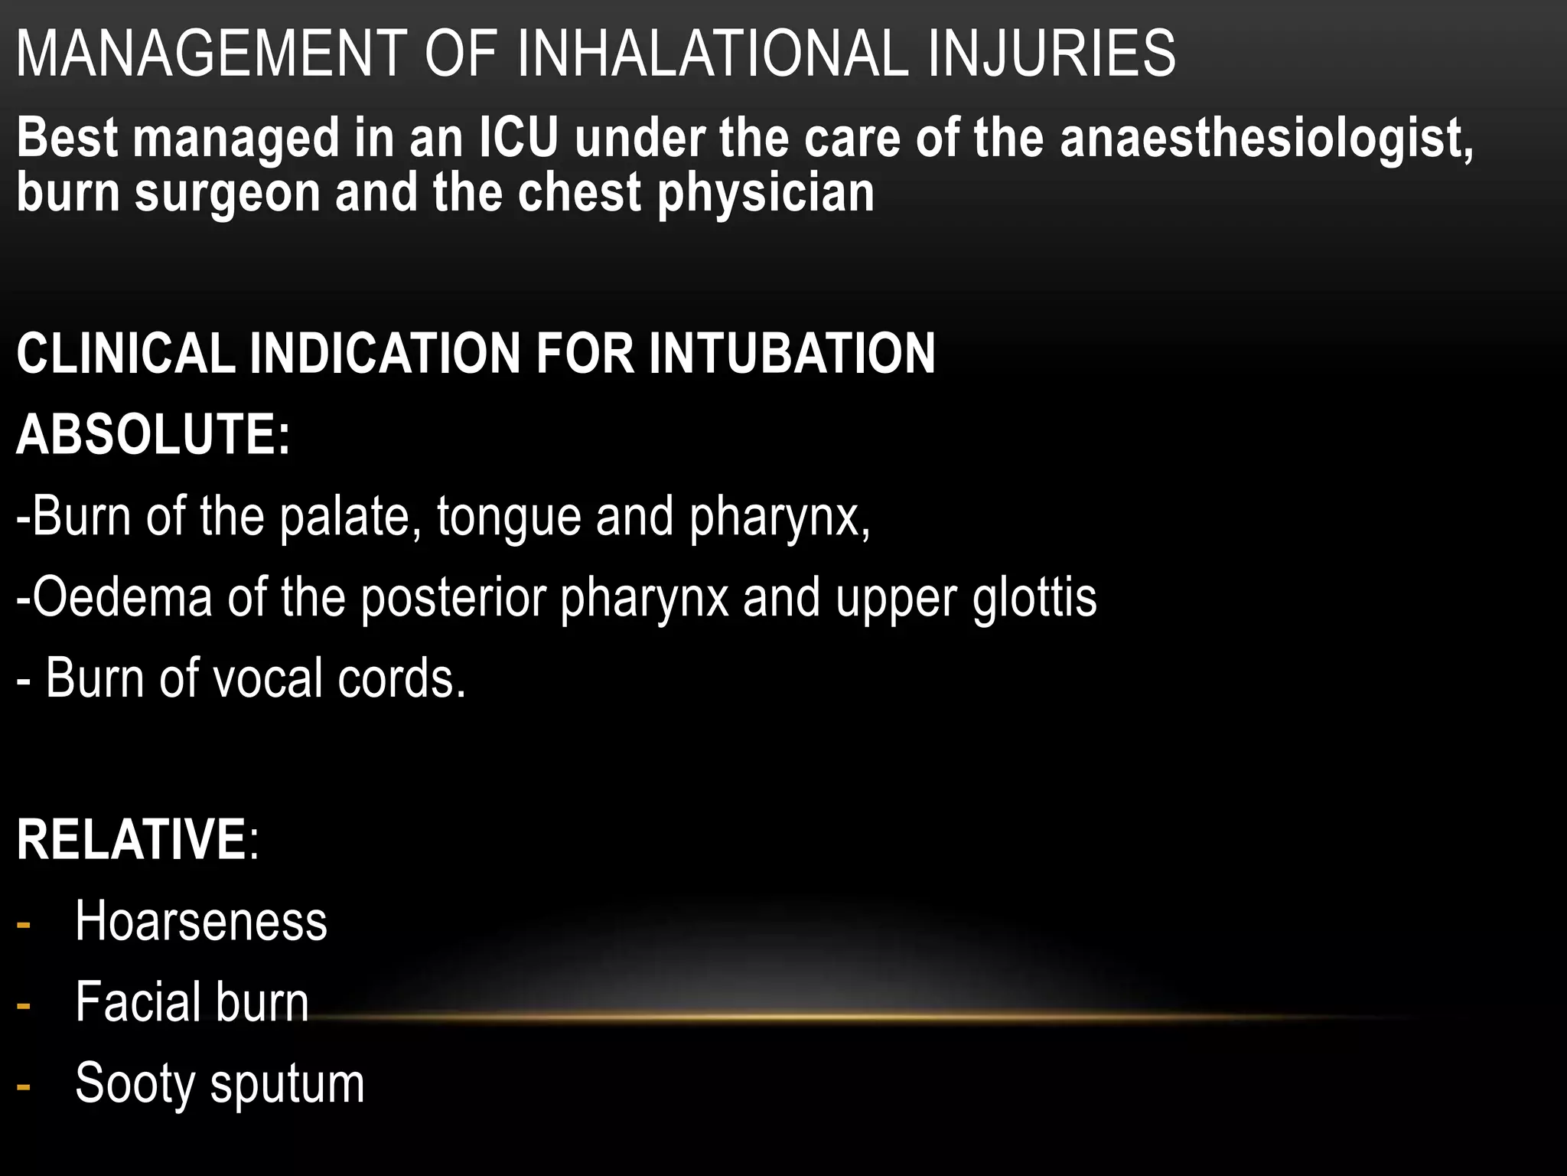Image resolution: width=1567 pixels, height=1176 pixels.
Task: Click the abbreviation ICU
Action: pyautogui.click(x=518, y=139)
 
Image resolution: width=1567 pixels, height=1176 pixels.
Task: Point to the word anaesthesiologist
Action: pyautogui.click(x=1266, y=139)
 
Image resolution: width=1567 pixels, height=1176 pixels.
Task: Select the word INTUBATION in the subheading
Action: pyautogui.click(x=792, y=354)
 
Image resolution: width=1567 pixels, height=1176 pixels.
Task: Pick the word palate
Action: pyautogui.click(x=348, y=516)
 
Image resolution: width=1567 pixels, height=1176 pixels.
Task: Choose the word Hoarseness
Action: pyautogui.click(x=201, y=921)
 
